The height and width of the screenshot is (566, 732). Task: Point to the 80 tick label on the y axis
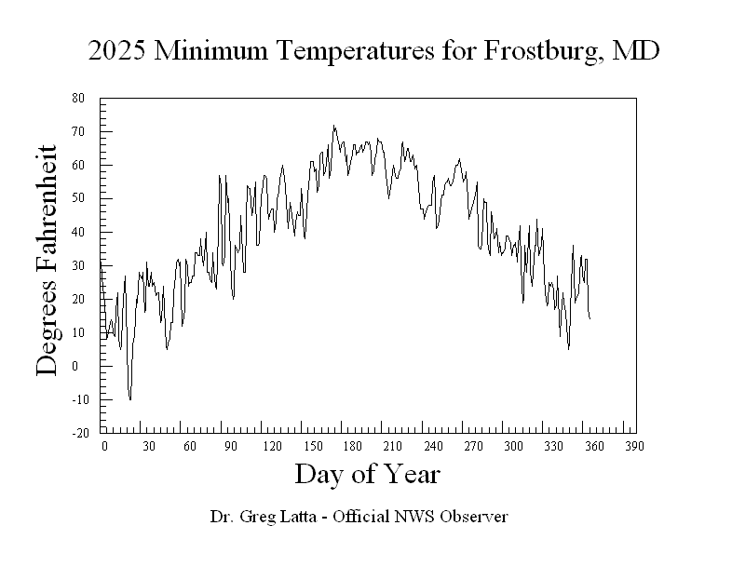click(78, 98)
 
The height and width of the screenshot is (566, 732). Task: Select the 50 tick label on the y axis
click(78, 198)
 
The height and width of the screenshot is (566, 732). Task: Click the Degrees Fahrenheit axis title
click(47, 261)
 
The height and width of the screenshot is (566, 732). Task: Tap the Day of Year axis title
click(367, 475)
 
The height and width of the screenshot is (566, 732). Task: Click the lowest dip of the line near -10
click(130, 399)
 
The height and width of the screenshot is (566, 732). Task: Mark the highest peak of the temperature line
click(333, 126)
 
